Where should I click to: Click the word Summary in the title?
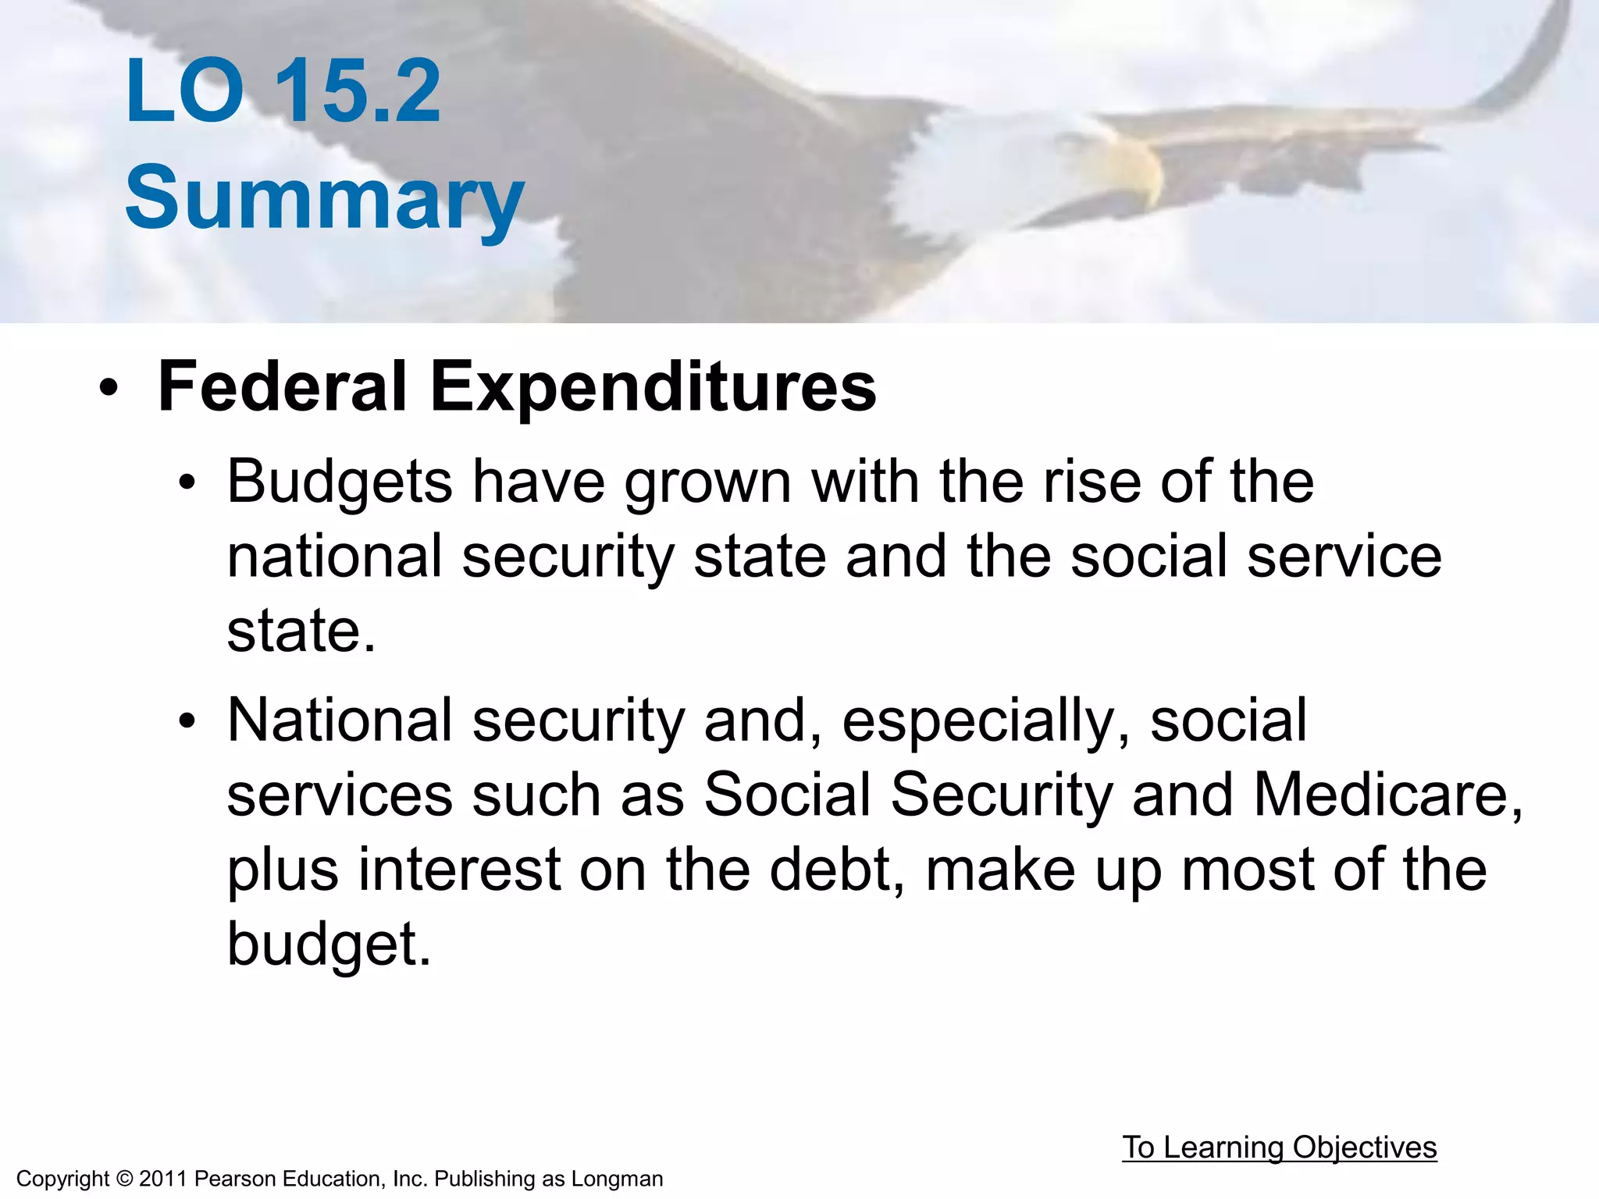pyautogui.click(x=324, y=198)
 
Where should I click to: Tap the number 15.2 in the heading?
pyautogui.click(x=358, y=92)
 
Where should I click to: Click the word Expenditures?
pyautogui.click(x=653, y=388)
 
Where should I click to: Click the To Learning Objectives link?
pyautogui.click(x=1279, y=1147)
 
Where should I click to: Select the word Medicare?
pyautogui.click(x=1387, y=795)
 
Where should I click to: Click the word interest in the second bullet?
pyautogui.click(x=459, y=870)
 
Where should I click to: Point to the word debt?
pyautogui.click(x=836, y=870)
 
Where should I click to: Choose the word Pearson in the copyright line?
pyautogui.click(x=231, y=1179)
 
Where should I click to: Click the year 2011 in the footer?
pyautogui.click(x=163, y=1179)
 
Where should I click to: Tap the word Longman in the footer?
pyautogui.click(x=617, y=1179)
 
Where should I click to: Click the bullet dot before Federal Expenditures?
pyautogui.click(x=109, y=388)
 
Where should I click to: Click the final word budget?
pyautogui.click(x=328, y=944)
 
